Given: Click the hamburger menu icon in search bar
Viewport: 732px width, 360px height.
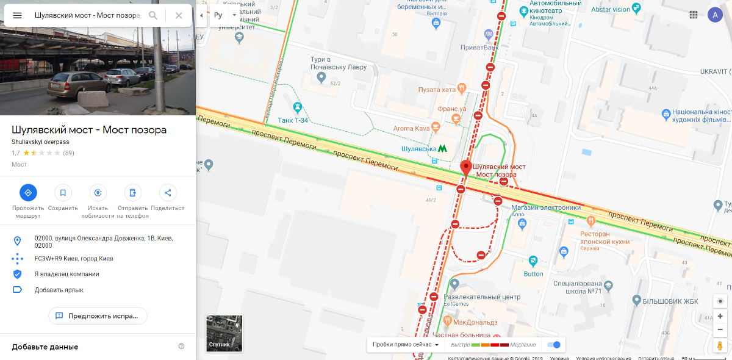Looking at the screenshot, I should [x=17, y=15].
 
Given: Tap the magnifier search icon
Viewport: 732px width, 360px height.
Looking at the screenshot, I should [x=153, y=15].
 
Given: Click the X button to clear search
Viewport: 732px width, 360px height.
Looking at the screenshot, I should [x=179, y=15].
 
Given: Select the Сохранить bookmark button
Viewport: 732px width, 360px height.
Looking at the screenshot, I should [x=63, y=193].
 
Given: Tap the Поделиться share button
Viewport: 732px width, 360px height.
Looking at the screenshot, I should [x=168, y=193].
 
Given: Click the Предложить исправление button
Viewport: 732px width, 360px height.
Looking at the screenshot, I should [x=98, y=315].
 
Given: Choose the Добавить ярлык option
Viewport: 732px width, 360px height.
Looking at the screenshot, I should [x=59, y=290].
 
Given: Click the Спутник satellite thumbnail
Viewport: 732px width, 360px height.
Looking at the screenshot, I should [x=224, y=333].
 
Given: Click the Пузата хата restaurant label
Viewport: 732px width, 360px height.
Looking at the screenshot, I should [x=437, y=90].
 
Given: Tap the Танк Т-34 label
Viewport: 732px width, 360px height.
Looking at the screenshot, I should [x=292, y=120].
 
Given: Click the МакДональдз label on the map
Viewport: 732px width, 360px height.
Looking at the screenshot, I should [x=475, y=322].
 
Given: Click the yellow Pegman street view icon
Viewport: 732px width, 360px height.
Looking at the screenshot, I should [x=720, y=345].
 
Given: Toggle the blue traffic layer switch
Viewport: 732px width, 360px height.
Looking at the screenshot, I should [x=554, y=345].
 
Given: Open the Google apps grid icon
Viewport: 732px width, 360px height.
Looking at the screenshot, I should [x=694, y=15].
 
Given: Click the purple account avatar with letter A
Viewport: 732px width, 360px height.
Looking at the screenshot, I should [x=715, y=15].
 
